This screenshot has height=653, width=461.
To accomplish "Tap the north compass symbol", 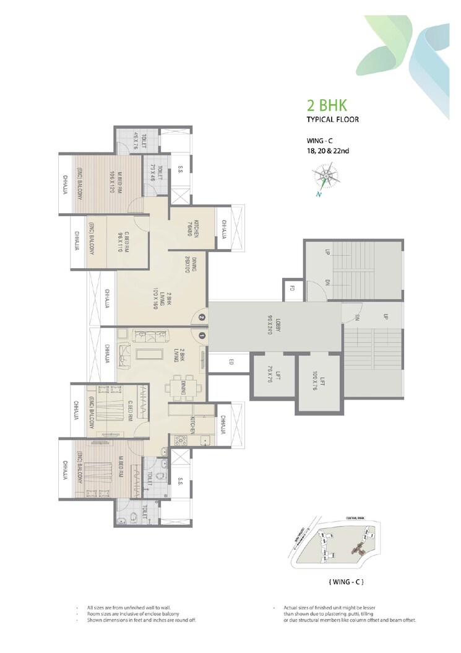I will [x=325, y=178].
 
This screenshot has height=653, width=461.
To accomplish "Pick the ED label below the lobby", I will [x=228, y=362].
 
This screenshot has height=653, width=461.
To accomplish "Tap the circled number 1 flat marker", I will [x=202, y=335].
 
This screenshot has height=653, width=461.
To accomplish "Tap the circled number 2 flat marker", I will [x=202, y=318].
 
